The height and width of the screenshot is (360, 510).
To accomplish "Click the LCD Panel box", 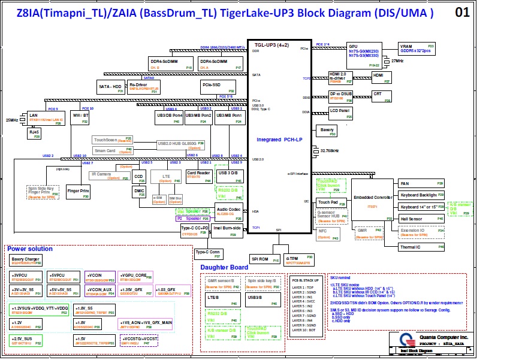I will pyautogui.click(x=342, y=112).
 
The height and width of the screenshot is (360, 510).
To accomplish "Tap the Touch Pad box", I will pyautogui.click(x=328, y=202).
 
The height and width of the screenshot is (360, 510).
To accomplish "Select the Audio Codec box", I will pyautogui.click(x=228, y=210).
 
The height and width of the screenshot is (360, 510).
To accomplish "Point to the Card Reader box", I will pyautogui.click(x=199, y=176).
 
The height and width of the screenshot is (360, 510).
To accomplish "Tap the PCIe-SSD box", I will pyautogui.click(x=213, y=87).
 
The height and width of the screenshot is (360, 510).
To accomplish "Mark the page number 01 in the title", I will pyautogui.click(x=479, y=12).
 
